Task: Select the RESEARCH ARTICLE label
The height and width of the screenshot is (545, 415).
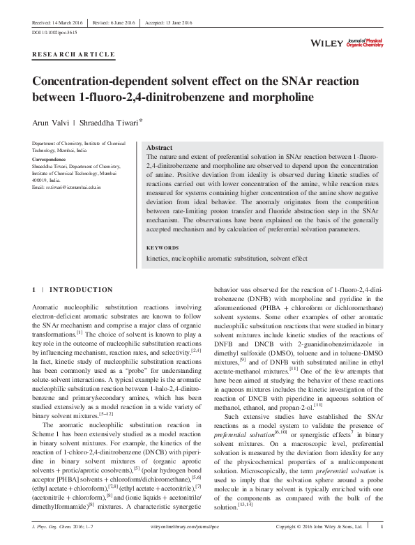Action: click(73, 54)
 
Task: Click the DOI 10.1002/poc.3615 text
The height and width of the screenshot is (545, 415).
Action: click(56, 33)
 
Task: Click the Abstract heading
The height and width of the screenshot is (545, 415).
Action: click(159, 148)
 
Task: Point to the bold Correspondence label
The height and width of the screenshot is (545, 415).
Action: click(52, 160)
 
